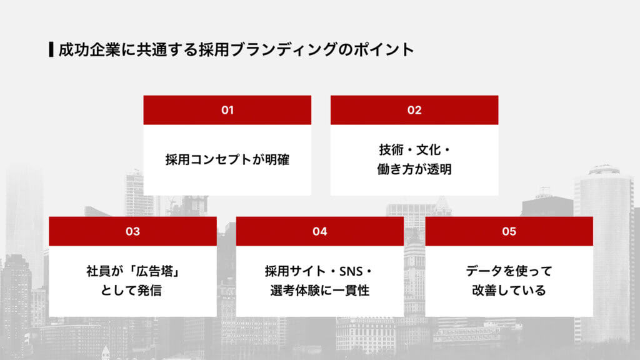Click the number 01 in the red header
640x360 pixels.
point(227,110)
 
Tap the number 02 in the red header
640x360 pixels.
point(414,110)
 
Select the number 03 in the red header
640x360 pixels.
point(132,231)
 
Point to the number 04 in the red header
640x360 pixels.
point(320,231)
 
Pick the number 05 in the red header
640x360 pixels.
point(509,231)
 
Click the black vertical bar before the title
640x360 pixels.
point(51,49)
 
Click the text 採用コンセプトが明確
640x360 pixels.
point(227,159)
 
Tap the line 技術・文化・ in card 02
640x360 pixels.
point(414,150)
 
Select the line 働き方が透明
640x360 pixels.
point(414,169)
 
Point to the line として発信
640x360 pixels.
point(132,291)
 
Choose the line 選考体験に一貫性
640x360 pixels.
point(320,291)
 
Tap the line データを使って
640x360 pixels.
point(509,272)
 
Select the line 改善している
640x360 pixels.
point(509,291)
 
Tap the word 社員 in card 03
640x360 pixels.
point(99,272)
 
